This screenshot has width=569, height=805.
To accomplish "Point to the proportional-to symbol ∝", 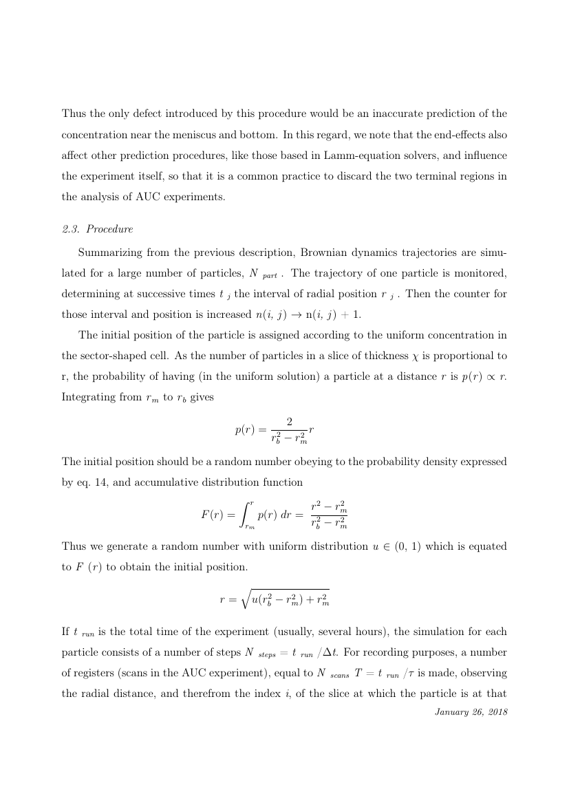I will coord(494,358).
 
